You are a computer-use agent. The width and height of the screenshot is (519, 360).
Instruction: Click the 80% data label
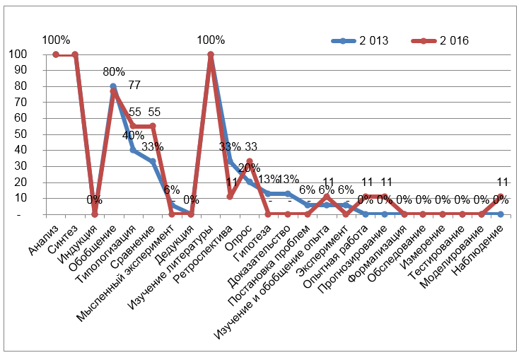click(x=113, y=71)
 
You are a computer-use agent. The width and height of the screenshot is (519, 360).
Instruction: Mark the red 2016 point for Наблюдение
click(x=500, y=197)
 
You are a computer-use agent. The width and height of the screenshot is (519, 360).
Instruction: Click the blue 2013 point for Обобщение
click(x=113, y=86)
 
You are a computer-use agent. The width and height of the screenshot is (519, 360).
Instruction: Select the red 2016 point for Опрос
click(x=249, y=162)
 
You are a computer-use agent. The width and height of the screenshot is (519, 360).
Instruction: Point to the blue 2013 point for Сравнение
click(x=152, y=161)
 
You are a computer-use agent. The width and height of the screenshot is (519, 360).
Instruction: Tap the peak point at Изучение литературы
click(x=210, y=54)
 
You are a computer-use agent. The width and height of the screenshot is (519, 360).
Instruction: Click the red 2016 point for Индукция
click(x=94, y=214)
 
